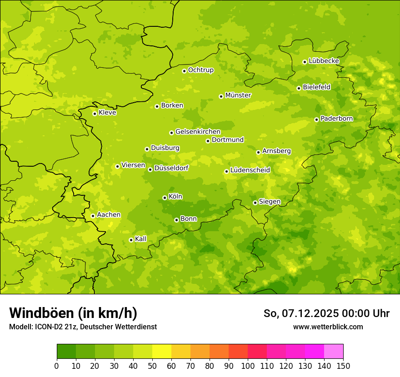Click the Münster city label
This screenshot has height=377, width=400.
(x=238, y=95)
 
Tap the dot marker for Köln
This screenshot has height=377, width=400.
(x=165, y=198)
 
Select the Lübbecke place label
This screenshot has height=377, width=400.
(x=324, y=61)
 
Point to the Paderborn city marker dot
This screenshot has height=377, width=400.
(x=317, y=119)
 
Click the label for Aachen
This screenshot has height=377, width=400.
(x=109, y=215)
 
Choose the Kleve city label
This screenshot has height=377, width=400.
(x=107, y=113)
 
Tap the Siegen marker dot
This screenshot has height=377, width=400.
(x=255, y=203)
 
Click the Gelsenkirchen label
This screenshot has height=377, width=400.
(x=198, y=132)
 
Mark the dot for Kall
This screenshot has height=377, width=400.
(x=131, y=240)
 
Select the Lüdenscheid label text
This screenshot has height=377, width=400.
(x=250, y=170)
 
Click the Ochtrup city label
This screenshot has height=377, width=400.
(x=201, y=70)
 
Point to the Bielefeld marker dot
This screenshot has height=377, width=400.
(x=299, y=88)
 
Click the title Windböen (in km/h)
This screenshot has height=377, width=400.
(x=73, y=313)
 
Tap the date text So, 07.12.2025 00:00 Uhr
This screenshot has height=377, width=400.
(x=326, y=313)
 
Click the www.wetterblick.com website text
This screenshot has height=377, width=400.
(x=328, y=327)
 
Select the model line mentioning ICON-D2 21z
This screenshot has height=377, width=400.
(x=83, y=327)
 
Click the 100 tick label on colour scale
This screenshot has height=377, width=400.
(x=248, y=366)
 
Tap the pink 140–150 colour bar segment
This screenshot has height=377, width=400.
(x=334, y=352)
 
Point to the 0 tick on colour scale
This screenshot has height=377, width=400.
(x=57, y=366)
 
